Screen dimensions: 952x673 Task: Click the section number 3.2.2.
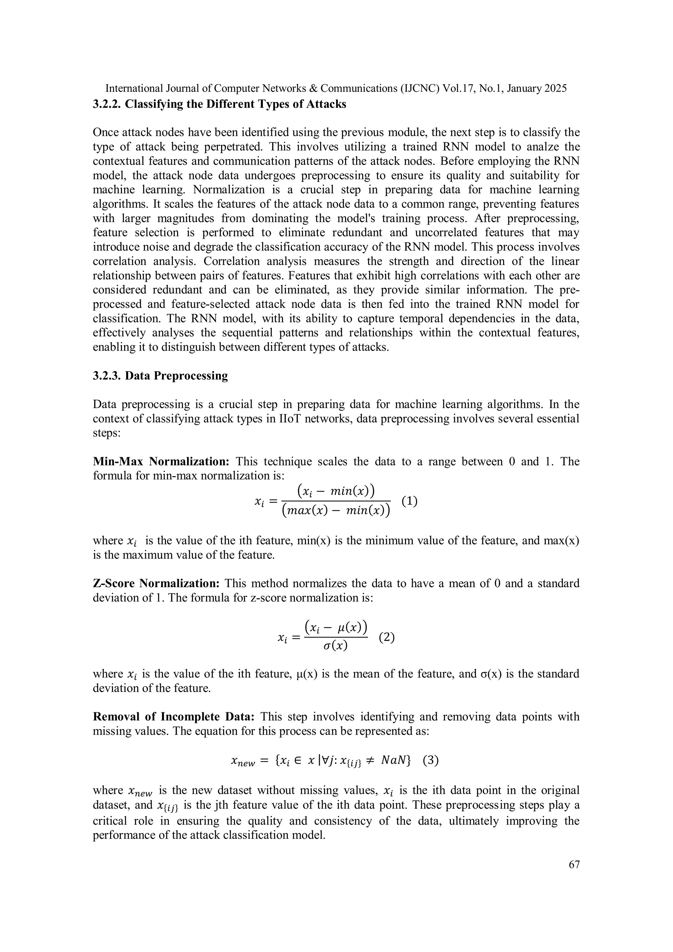click(106, 104)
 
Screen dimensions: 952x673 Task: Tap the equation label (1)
click(409, 501)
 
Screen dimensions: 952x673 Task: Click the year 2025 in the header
click(555, 88)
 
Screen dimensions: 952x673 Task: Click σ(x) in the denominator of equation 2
click(335, 646)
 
